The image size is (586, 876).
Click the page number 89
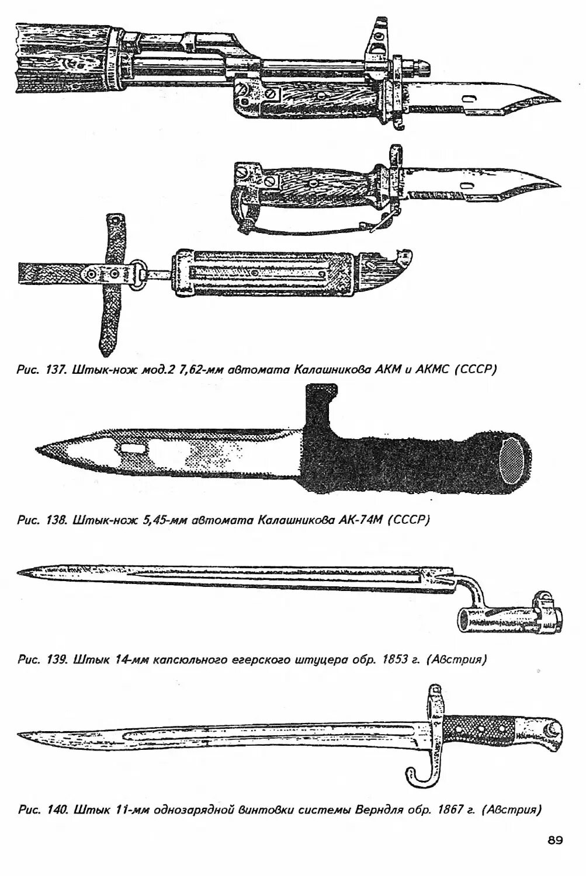(554, 840)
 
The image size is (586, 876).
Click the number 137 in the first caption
(57, 370)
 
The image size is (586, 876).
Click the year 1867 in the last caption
(449, 810)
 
